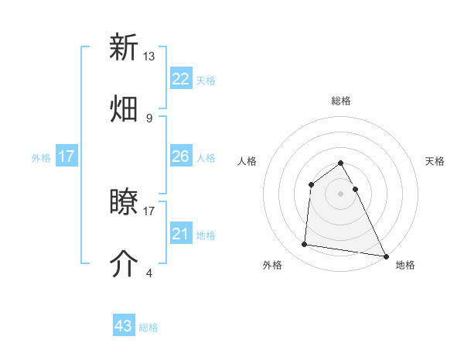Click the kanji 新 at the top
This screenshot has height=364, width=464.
tap(124, 47)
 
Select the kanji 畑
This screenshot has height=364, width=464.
tap(124, 109)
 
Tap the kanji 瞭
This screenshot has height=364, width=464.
tap(124, 203)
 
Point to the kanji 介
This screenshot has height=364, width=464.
tap(124, 264)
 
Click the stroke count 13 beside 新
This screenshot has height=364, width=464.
tap(149, 57)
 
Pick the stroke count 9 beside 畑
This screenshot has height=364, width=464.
tap(148, 118)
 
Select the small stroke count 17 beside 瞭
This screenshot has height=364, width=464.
tap(149, 210)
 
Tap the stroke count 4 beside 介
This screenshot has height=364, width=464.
tap(148, 273)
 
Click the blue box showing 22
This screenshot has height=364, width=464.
tap(181, 79)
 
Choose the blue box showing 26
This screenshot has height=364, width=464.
tap(181, 156)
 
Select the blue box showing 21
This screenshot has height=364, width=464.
tap(181, 234)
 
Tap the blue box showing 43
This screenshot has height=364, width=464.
tap(124, 326)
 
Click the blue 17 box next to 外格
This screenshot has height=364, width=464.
tap(67, 156)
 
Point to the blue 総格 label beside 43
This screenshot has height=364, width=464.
tap(148, 328)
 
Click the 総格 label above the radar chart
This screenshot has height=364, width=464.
tap(341, 101)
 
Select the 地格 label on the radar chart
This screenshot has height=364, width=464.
tap(405, 265)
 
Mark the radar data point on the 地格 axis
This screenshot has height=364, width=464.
tap(386, 256)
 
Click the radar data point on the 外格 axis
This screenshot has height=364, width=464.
tap(305, 245)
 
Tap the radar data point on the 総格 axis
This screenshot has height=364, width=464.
tap(341, 163)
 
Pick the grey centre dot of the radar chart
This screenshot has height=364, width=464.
tap(341, 193)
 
